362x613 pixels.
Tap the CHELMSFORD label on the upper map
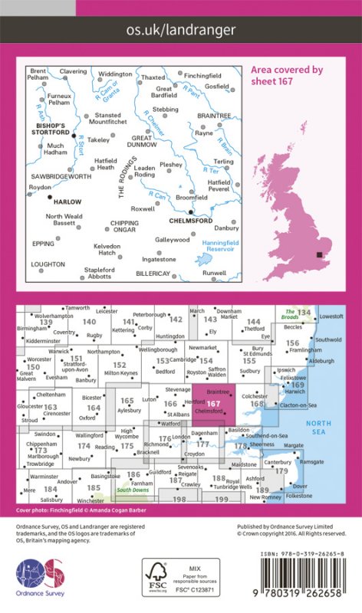[x=192, y=220]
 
